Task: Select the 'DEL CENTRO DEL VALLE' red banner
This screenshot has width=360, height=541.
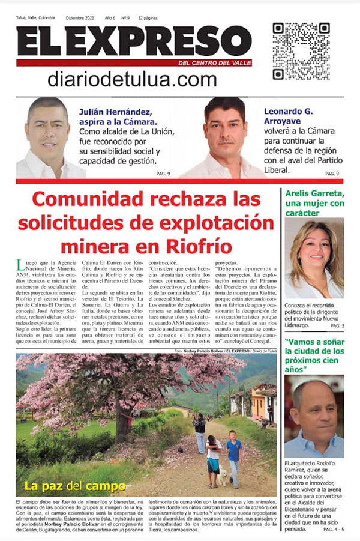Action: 215,63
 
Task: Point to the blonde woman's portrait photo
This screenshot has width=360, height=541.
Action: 313,258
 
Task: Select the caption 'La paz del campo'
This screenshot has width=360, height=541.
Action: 75,486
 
